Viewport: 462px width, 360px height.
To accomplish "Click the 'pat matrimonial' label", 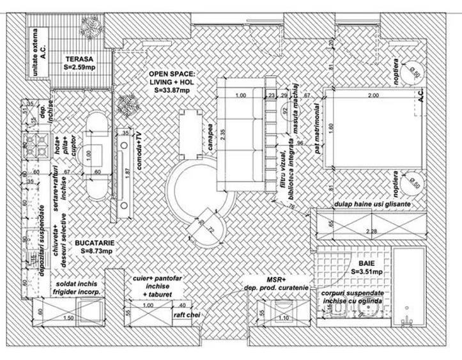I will point(316,134).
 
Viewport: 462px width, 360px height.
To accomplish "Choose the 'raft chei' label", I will point(186,315).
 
